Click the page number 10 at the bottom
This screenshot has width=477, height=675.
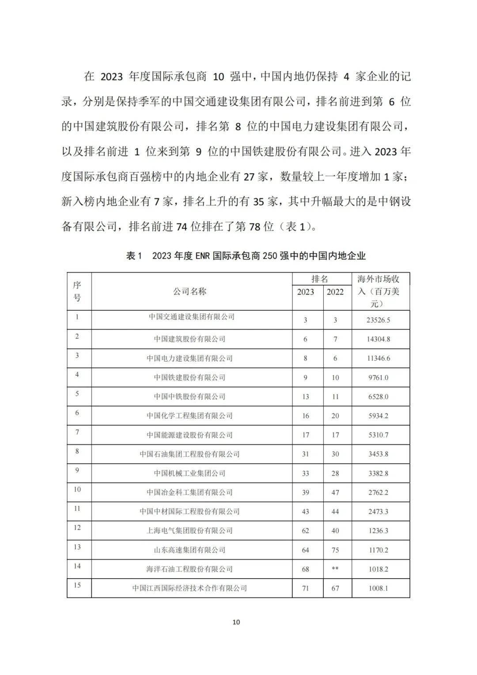click(x=236, y=622)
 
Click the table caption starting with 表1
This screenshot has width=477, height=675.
click(x=246, y=256)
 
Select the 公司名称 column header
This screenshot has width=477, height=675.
click(x=190, y=291)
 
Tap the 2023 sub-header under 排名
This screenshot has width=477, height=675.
click(x=306, y=292)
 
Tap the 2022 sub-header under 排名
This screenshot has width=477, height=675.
click(x=335, y=292)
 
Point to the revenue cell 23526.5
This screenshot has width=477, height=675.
click(x=379, y=320)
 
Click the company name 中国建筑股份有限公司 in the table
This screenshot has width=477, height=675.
click(x=190, y=339)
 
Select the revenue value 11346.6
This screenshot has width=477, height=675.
click(x=379, y=358)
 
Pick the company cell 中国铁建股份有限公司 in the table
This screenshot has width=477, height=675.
click(x=190, y=378)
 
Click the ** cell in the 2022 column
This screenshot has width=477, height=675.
click(x=335, y=569)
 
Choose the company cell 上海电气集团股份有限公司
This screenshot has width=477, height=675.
click(x=190, y=530)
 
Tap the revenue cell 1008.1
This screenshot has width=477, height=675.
click(x=379, y=588)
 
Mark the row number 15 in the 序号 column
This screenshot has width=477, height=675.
click(x=77, y=585)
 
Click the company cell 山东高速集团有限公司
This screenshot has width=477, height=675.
click(x=190, y=550)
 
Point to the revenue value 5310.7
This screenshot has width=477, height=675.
click(x=379, y=435)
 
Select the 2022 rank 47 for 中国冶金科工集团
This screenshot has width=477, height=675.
click(x=335, y=492)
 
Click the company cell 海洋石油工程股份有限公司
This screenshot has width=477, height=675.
click(x=190, y=569)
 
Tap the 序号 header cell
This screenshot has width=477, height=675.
click(x=77, y=291)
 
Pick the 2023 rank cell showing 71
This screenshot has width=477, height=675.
click(x=306, y=588)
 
